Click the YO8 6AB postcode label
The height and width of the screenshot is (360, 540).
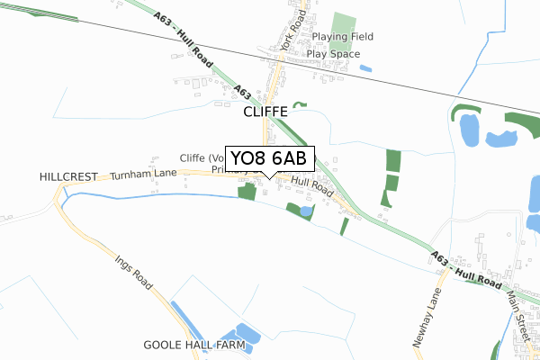269,159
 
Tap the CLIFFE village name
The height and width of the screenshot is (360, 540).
265,112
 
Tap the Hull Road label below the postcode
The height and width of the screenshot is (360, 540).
310,187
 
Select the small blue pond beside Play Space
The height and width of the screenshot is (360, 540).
365,67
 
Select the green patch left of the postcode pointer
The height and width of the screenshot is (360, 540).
246,191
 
